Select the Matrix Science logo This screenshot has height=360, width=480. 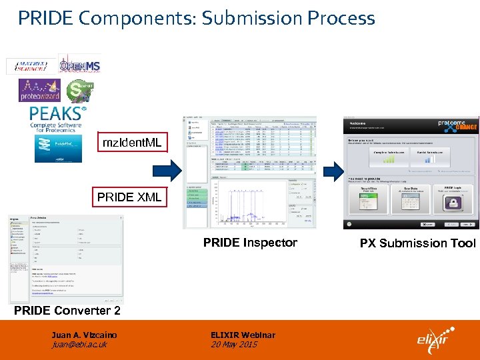pyautogui.click(x=31, y=66)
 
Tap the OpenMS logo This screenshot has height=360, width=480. pyautogui.click(x=80, y=65)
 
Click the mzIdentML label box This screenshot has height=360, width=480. pyautogui.click(x=131, y=143)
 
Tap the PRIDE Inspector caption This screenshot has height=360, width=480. pyautogui.click(x=250, y=243)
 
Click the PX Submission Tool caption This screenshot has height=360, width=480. pyautogui.click(x=417, y=243)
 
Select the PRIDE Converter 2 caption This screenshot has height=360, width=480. pyautogui.click(x=67, y=311)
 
